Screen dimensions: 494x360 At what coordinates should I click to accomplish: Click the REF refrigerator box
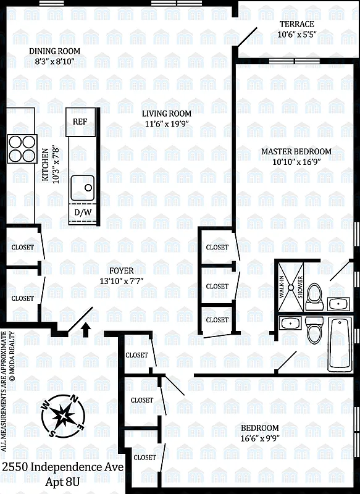coord(80,121)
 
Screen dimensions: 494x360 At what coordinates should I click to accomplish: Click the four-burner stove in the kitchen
coord(21,147)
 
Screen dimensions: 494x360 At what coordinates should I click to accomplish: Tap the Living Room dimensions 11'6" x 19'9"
coord(167,124)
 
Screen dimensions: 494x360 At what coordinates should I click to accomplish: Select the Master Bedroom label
coord(296,151)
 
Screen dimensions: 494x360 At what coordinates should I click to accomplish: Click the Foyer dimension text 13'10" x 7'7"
coord(122,281)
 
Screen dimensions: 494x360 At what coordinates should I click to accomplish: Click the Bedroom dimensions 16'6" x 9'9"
coord(259,438)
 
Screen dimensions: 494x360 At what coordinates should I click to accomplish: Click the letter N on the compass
coord(75,398)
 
